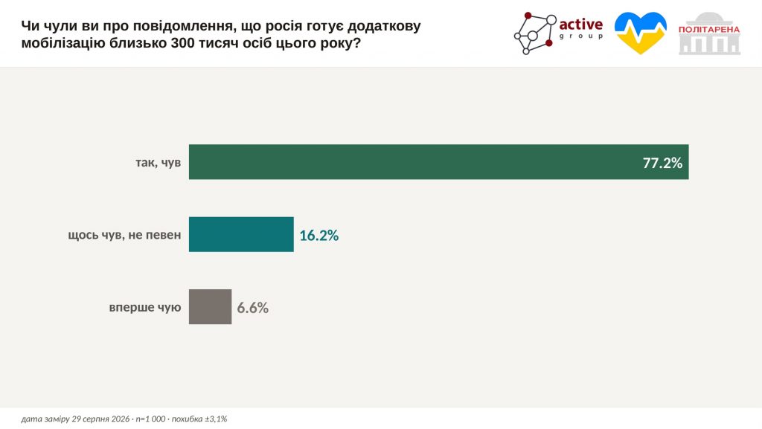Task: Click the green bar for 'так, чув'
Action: pyautogui.click(x=438, y=161)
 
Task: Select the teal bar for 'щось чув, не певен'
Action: pyautogui.click(x=241, y=234)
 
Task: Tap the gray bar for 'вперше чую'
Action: pyautogui.click(x=210, y=307)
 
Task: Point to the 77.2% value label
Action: pyautogui.click(x=662, y=163)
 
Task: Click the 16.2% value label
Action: pyautogui.click(x=318, y=236)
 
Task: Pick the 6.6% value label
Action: pyautogui.click(x=253, y=308)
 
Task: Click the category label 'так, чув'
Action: pyautogui.click(x=159, y=162)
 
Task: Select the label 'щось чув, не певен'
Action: pyautogui.click(x=124, y=235)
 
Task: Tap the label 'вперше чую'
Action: pyautogui.click(x=145, y=307)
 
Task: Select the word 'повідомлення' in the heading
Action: pyautogui.click(x=183, y=26)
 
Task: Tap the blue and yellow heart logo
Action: pyautogui.click(x=641, y=33)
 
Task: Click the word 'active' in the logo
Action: pyautogui.click(x=580, y=25)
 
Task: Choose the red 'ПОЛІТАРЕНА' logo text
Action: pyautogui.click(x=709, y=30)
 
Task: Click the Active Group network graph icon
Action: pyautogui.click(x=534, y=33)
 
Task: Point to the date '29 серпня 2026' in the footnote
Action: pyautogui.click(x=100, y=419)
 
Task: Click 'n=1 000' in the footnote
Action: pyautogui.click(x=150, y=419)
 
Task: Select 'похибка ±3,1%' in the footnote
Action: pyautogui.click(x=199, y=419)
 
